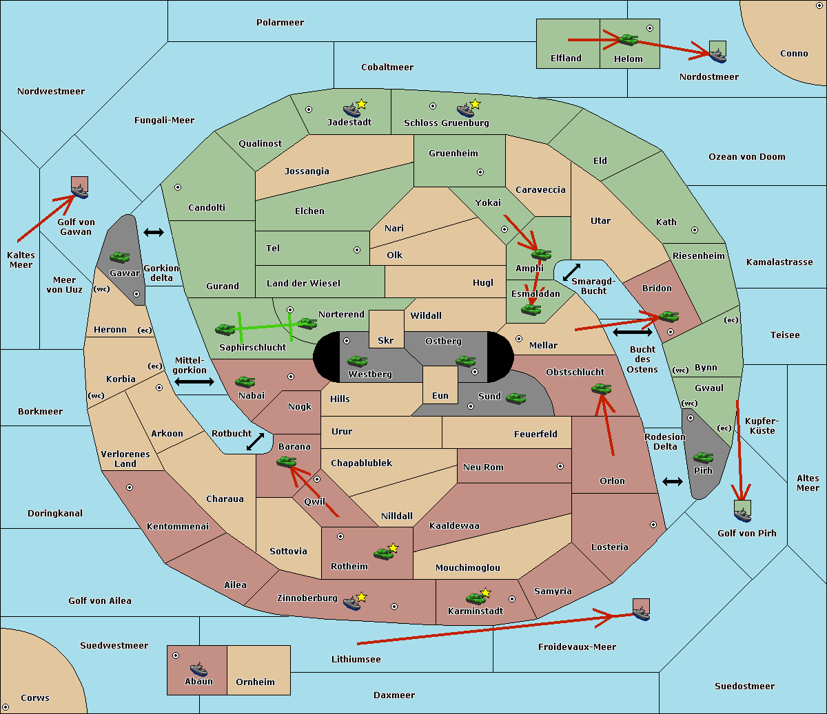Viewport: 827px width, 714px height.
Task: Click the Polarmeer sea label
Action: coord(280,23)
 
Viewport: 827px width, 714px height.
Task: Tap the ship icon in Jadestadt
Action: coord(351,110)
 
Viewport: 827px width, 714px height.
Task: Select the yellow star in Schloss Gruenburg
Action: coord(475,105)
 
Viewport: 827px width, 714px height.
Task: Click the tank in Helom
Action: coord(628,39)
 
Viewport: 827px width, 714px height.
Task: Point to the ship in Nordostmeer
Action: coord(717,54)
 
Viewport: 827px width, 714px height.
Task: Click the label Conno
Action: coord(794,54)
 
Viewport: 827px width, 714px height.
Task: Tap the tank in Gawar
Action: coord(120,257)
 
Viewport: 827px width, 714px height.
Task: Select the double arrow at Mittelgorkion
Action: coord(194,381)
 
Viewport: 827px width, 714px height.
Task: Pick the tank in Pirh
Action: coord(703,458)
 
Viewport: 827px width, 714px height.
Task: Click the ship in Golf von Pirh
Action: coord(742,515)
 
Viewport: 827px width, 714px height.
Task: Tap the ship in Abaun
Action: coord(198,669)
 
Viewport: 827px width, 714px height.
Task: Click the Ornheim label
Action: coord(255,682)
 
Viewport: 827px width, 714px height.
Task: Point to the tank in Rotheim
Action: coord(383,553)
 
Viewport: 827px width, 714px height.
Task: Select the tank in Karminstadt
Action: coord(476,598)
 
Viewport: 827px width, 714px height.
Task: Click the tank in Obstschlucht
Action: coord(601,389)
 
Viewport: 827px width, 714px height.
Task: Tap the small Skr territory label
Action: coord(386,341)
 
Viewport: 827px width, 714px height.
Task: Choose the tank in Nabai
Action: coord(245,381)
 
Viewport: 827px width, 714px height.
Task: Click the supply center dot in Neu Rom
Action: coord(560,466)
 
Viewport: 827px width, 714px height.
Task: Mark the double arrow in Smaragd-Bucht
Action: coord(572,273)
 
